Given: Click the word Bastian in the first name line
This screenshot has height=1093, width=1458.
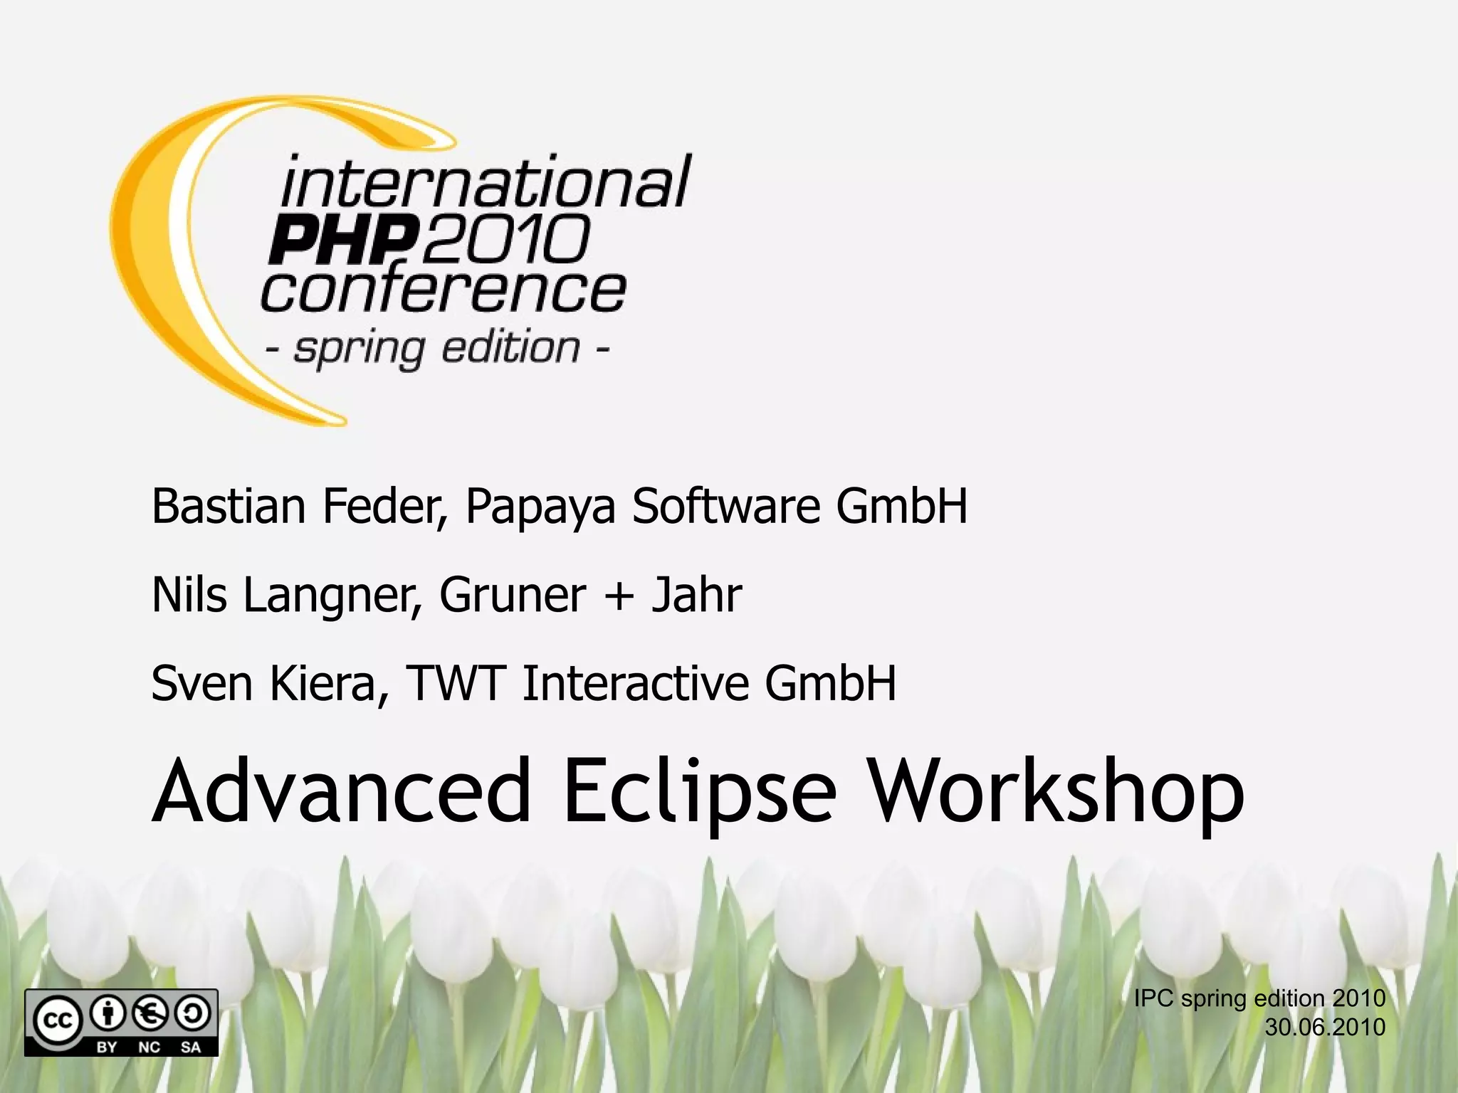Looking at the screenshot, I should click(228, 506).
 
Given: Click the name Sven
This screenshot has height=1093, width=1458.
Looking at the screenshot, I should click(201, 683).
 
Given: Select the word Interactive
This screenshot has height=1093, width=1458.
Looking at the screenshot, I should click(635, 683).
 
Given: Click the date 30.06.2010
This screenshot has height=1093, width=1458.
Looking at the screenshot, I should click(1325, 1028).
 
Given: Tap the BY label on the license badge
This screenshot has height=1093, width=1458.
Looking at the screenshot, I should click(107, 1047).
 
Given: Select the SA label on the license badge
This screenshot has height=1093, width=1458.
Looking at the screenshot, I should click(190, 1047).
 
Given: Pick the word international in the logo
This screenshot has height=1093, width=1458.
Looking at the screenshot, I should click(484, 181).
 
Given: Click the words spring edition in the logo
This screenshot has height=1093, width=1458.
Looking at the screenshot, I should click(437, 349).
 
